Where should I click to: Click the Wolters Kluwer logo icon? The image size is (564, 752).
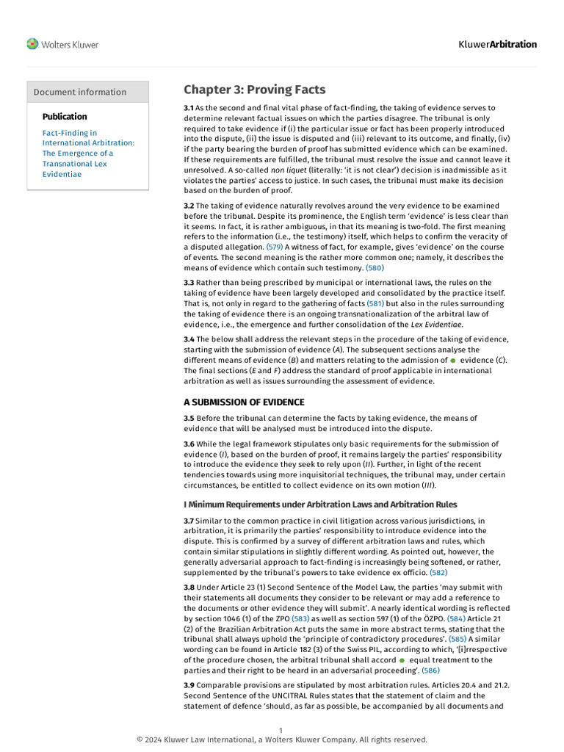[32, 44]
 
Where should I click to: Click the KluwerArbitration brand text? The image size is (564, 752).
[497, 44]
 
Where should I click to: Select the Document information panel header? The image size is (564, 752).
[80, 92]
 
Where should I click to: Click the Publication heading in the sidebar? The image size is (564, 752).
[65, 116]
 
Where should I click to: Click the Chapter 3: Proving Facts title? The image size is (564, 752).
[254, 90]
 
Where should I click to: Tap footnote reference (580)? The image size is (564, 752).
[375, 268]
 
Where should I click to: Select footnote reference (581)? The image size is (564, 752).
[375, 303]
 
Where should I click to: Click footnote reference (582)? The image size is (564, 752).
[438, 572]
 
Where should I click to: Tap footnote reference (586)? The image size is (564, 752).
[430, 670]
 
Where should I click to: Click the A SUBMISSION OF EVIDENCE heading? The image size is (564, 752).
[244, 402]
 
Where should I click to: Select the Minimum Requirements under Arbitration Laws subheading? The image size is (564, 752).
[320, 505]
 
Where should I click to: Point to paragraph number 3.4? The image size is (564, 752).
[189, 339]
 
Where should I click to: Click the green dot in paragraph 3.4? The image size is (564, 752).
[453, 361]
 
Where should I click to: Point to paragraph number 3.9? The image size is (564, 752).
[189, 685]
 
